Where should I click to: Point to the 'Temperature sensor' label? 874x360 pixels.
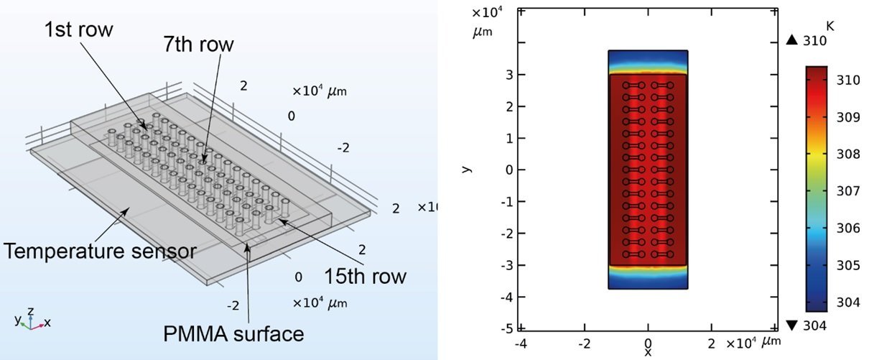100,251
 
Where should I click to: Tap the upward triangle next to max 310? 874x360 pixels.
792,41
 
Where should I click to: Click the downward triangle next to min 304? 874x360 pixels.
792,326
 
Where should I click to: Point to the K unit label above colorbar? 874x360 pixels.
830,27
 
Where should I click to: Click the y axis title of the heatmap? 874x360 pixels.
467,170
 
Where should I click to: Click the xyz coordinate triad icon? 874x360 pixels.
31,320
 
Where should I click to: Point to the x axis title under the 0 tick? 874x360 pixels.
648,353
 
